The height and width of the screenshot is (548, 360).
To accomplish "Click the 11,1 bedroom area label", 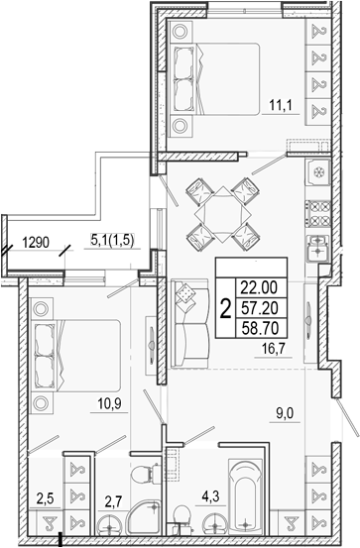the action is point(281,104).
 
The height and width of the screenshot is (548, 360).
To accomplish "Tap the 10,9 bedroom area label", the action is point(109,404).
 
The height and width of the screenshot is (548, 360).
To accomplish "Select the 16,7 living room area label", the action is point(274,349).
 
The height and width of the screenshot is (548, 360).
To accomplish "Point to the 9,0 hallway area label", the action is point(285,414).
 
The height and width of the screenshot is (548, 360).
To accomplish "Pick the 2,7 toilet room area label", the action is point(113,503).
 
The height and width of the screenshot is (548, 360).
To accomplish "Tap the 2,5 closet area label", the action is point(46,498).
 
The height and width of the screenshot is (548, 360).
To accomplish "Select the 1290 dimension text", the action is point(36,242).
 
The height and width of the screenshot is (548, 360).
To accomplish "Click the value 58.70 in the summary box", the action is point(262,328).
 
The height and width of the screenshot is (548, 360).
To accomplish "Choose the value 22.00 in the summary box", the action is point(262,287).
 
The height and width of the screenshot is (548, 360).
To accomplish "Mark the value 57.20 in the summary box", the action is point(262,308).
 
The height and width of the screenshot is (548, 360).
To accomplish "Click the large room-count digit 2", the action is point(226,308).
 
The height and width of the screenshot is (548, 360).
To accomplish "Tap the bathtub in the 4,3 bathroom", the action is point(245,497).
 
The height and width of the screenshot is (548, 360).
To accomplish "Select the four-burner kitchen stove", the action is point(318,213).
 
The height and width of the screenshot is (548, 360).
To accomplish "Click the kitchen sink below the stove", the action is point(317,248).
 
